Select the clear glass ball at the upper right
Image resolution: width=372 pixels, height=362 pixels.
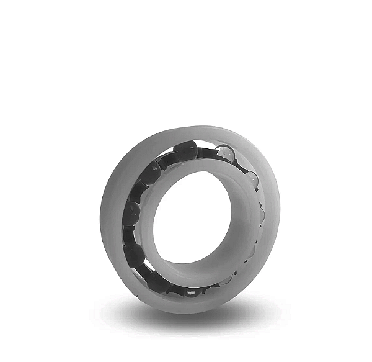click(x=224, y=153)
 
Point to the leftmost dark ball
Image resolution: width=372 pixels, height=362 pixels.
click(x=131, y=214)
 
